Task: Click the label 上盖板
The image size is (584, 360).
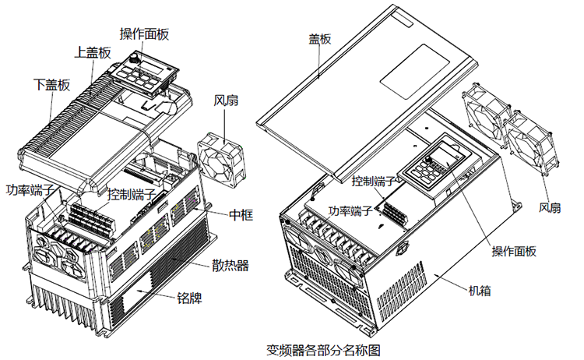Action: (x=93, y=53)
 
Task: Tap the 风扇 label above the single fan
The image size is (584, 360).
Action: (x=230, y=101)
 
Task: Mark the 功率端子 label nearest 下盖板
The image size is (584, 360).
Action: (x=30, y=190)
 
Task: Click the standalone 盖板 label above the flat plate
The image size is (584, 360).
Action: (x=320, y=38)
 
